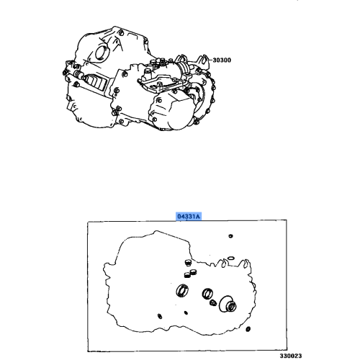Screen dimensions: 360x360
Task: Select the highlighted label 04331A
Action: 191,215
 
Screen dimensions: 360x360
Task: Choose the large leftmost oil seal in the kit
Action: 184,291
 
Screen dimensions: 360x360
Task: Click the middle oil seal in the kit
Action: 208,294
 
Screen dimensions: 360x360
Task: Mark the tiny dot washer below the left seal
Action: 186,312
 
